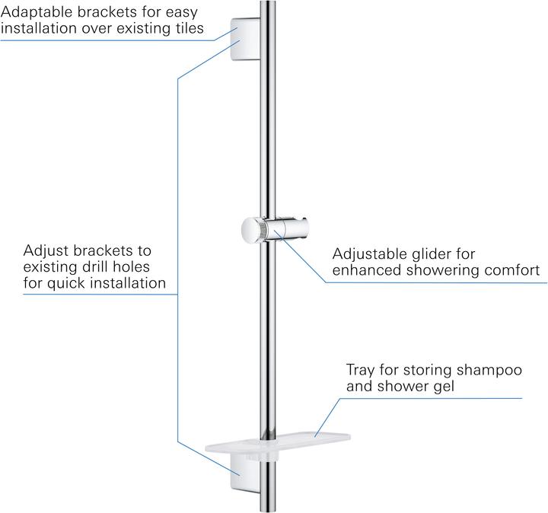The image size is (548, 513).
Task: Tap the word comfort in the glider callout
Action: pyautogui.click(x=512, y=270)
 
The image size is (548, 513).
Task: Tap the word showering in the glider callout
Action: pyautogui.click(x=442, y=270)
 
